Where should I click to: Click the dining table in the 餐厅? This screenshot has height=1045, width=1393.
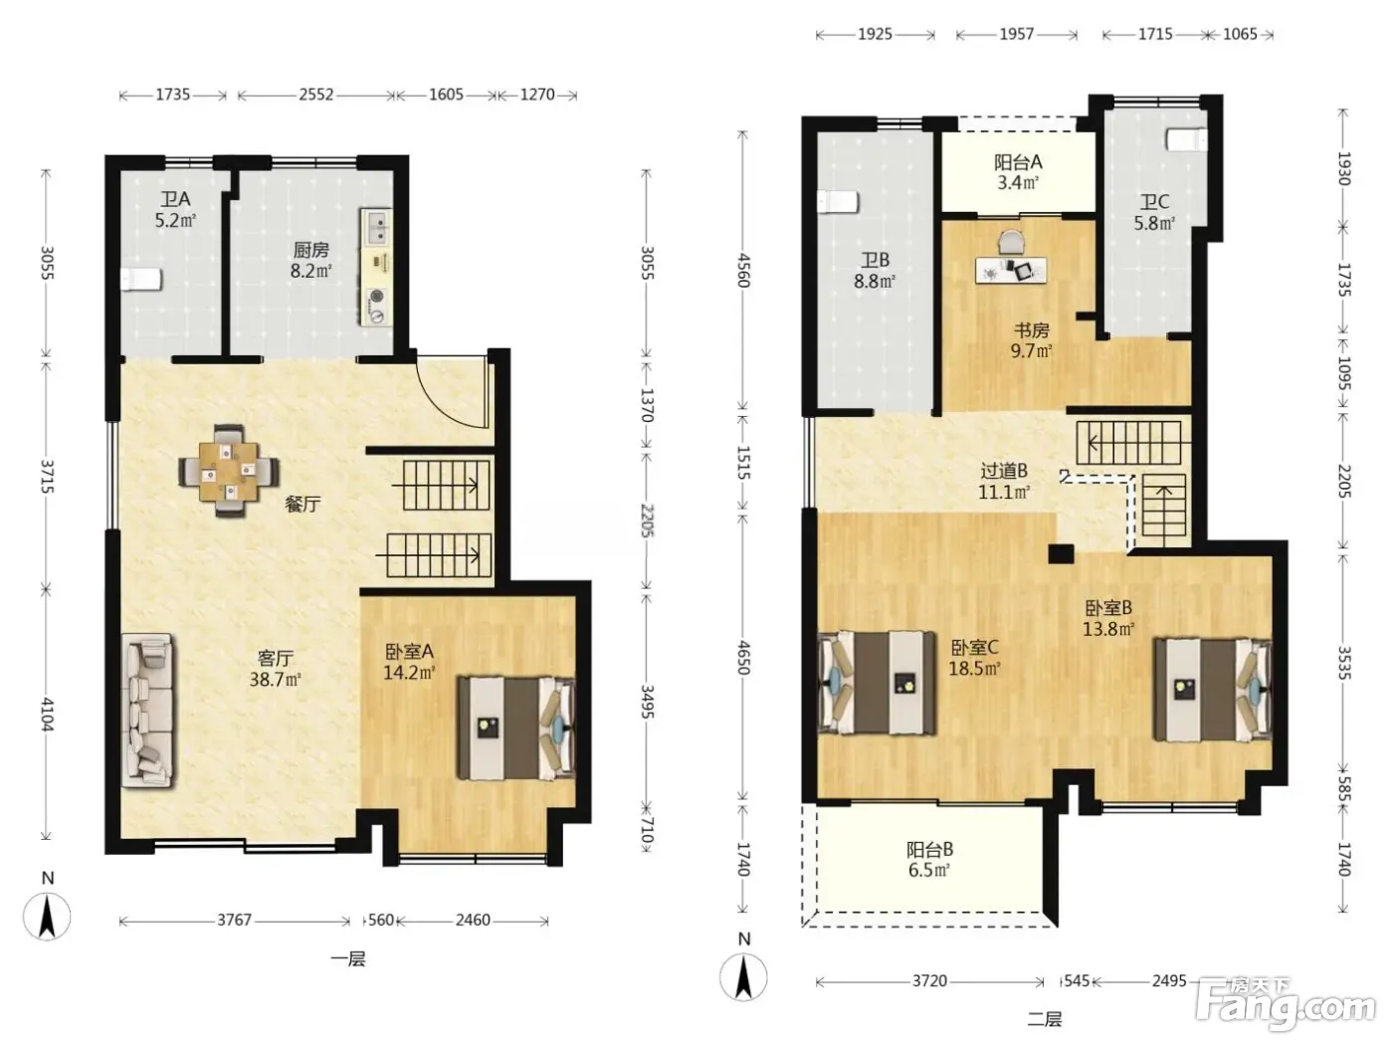point(229,471)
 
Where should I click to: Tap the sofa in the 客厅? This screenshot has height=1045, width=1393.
point(147,711)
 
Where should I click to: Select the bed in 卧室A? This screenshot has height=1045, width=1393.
point(516,728)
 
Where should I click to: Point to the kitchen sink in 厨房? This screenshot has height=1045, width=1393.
point(377,228)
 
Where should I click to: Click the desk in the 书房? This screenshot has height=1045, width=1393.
point(1011,271)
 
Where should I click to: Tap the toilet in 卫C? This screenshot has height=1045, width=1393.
point(1187,140)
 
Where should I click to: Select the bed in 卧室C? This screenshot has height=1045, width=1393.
point(877,683)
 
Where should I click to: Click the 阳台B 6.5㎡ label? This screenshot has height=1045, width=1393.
point(929,860)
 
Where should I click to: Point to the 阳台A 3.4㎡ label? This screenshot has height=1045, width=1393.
point(1018,172)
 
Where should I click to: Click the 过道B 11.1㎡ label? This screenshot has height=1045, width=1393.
point(1003,481)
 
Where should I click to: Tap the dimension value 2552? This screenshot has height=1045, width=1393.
point(316,95)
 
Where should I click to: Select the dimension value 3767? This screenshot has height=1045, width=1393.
point(234,920)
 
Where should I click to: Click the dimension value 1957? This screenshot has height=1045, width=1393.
point(1017,34)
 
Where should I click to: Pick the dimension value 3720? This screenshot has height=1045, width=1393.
point(929,981)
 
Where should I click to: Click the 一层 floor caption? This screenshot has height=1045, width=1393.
point(348,958)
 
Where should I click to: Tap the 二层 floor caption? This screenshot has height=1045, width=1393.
point(1044,1019)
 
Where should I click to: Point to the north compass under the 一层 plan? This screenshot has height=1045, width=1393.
point(47,909)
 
